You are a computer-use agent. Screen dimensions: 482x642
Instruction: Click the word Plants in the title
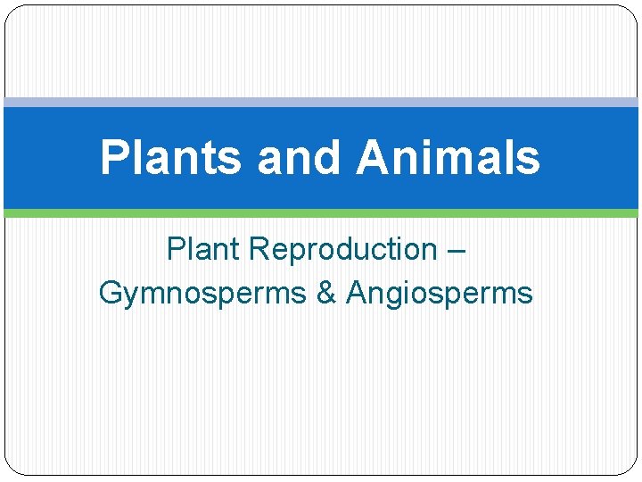tap(170, 157)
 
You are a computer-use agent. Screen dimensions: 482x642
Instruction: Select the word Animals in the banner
tap(448, 157)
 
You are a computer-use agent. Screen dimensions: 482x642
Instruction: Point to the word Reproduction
tap(343, 249)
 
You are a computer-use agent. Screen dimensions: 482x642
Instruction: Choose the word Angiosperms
tap(440, 293)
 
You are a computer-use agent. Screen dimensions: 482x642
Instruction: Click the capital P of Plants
tap(113, 157)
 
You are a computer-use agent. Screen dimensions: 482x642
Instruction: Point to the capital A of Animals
tap(372, 157)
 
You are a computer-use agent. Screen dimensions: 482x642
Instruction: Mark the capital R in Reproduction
tap(260, 249)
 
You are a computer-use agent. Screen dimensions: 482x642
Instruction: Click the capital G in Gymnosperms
tap(111, 292)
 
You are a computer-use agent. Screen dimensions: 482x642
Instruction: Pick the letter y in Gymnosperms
tap(131, 295)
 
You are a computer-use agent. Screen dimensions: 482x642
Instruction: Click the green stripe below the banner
tap(321, 213)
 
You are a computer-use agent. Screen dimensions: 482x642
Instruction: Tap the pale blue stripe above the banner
tap(321, 103)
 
